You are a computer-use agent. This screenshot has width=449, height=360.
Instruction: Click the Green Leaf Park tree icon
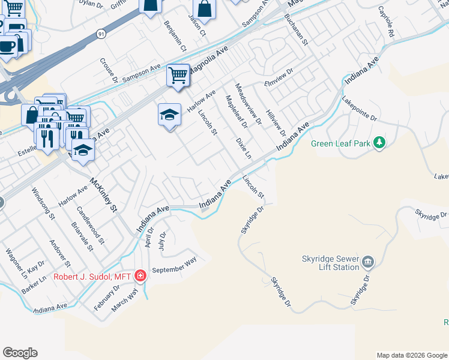click(379, 143)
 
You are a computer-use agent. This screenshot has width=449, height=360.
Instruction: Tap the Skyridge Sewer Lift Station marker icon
click(368, 262)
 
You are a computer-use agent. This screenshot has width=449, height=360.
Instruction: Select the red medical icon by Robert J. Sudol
click(140, 276)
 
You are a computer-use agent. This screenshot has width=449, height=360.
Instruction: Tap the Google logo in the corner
click(20, 353)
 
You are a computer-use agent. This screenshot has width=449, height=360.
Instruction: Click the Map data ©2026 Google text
click(411, 355)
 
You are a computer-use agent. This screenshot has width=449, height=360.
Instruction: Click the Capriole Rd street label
click(386, 23)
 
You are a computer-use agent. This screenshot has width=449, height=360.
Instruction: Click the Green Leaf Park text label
click(339, 143)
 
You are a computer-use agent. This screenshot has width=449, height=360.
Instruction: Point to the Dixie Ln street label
click(243, 148)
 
